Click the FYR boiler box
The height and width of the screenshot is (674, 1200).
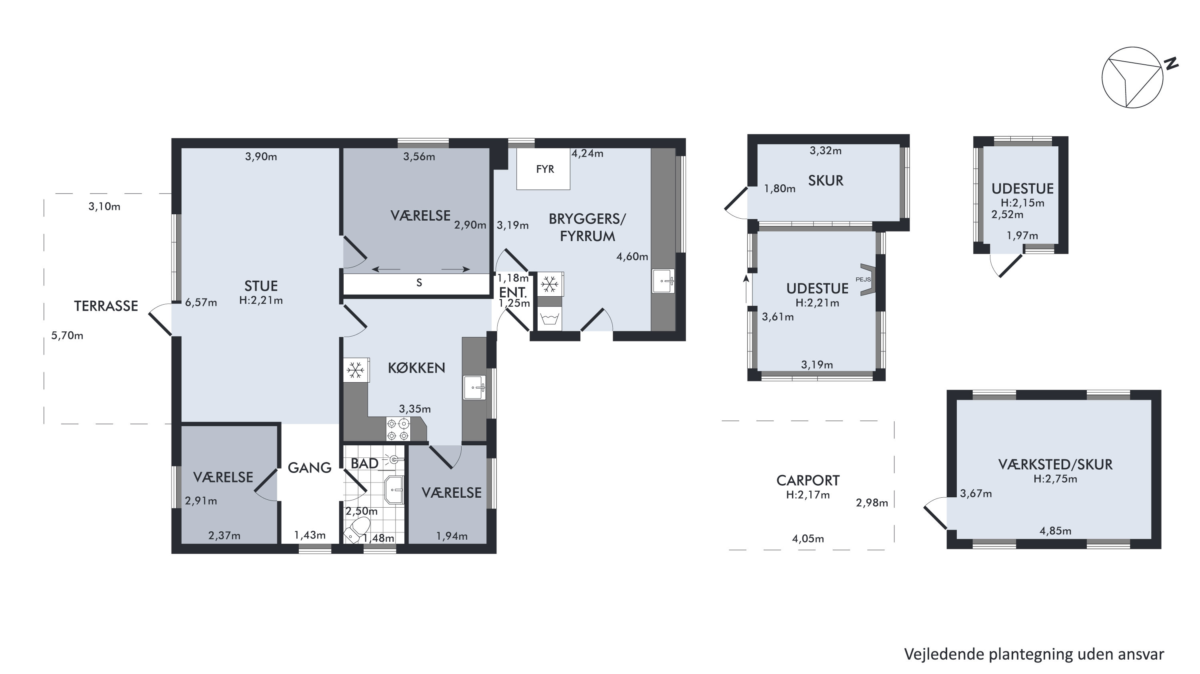click(543, 169)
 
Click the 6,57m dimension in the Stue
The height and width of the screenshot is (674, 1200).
click(201, 303)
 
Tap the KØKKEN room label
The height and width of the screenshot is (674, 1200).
click(416, 368)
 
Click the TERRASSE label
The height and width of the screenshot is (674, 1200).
click(106, 306)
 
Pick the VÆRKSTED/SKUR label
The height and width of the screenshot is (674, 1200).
click(1055, 464)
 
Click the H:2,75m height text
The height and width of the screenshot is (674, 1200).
click(1055, 479)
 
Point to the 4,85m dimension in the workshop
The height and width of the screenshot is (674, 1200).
click(1056, 530)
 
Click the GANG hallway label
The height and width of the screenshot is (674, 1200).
click(309, 468)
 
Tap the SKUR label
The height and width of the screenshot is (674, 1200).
click(826, 181)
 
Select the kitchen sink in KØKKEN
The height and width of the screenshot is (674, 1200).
click(475, 387)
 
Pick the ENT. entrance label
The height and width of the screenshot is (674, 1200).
click(513, 293)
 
